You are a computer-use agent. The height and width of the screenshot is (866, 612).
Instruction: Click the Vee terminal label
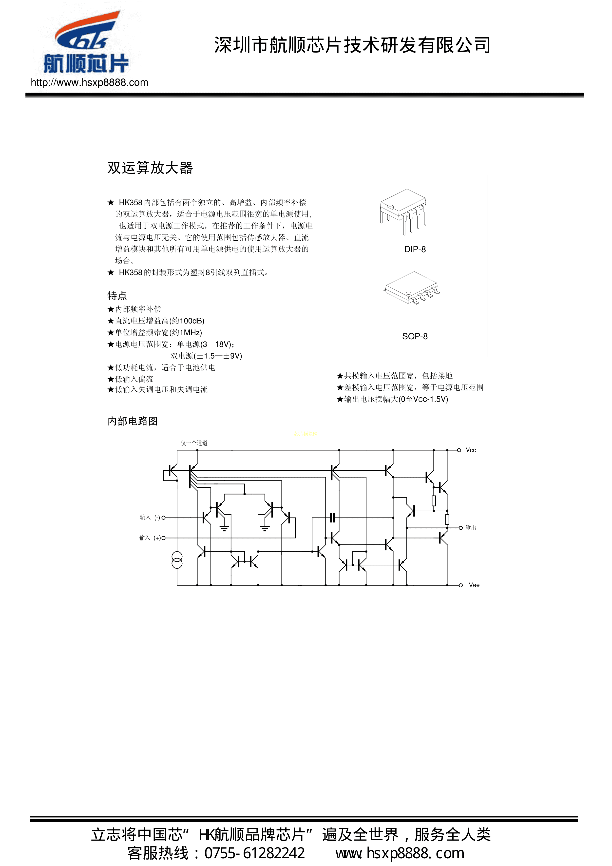click(x=474, y=585)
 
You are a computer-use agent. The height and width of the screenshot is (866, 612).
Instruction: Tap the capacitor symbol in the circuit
click(x=332, y=518)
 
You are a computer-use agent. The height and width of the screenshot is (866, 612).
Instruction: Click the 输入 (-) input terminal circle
click(x=163, y=518)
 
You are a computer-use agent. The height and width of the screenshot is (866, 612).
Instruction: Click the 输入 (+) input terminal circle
click(x=163, y=538)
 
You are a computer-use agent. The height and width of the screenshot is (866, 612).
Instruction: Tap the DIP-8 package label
click(x=415, y=249)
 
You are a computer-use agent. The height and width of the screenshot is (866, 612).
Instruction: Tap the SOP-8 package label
click(x=415, y=336)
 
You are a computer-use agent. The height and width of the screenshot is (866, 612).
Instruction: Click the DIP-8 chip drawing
click(x=403, y=211)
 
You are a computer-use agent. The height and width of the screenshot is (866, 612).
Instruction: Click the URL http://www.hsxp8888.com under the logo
click(x=89, y=83)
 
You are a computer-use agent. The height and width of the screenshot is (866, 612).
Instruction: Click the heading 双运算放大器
click(x=150, y=168)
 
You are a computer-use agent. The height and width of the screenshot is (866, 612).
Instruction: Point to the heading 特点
click(x=117, y=296)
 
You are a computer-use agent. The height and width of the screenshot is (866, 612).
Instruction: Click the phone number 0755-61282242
click(x=254, y=853)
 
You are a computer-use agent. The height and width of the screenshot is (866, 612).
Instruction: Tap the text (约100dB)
click(x=187, y=321)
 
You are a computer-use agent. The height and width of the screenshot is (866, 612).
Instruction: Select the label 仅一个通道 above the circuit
click(x=194, y=443)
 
